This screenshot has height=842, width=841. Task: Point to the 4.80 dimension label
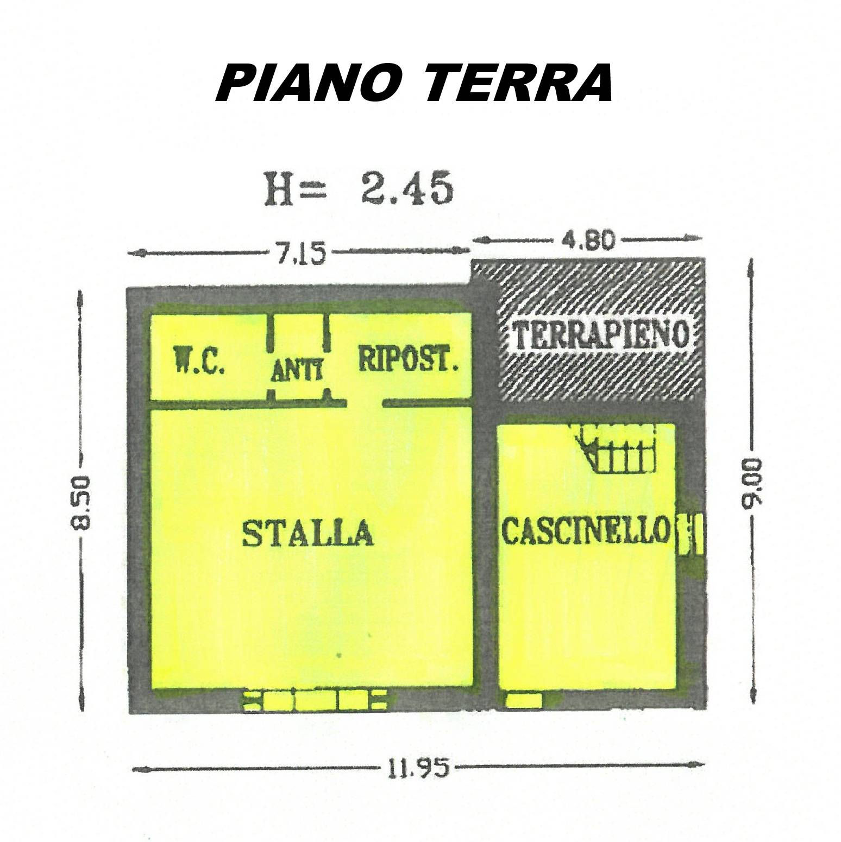click(588, 239)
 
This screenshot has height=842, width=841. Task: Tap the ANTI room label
click(297, 372)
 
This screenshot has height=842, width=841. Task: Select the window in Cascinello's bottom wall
click(524, 700)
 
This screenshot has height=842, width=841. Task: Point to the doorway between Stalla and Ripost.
click(365, 403)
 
